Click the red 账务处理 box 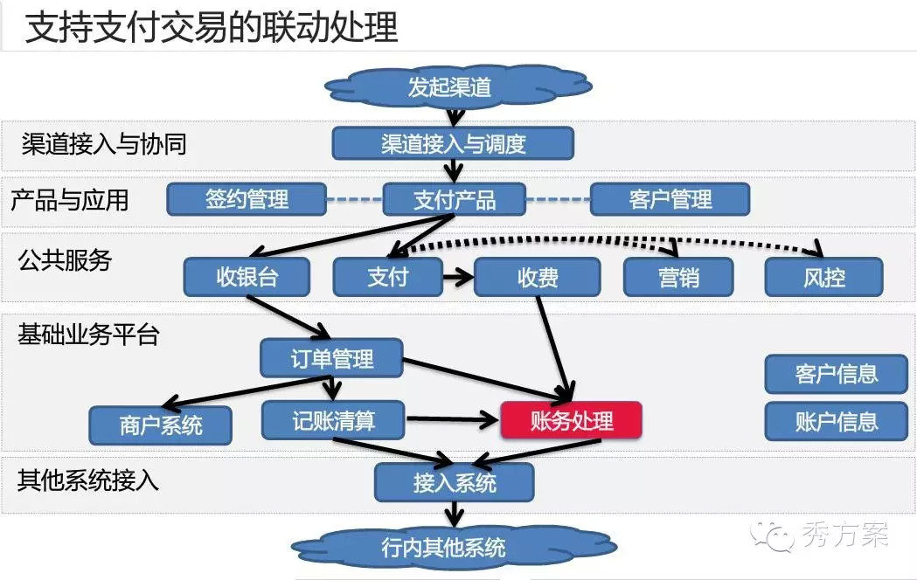[x=571, y=420]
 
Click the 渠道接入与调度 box [x=453, y=143]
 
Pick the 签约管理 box [x=247, y=199]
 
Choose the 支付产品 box [x=454, y=199]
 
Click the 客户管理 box [x=670, y=199]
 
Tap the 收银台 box [x=247, y=278]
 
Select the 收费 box [x=538, y=278]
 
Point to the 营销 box [x=678, y=278]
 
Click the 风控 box [x=823, y=278]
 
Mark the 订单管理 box [x=331, y=357]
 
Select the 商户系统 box [x=161, y=425]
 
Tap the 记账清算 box [x=333, y=420]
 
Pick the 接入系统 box [x=454, y=482]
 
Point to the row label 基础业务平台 [x=88, y=334]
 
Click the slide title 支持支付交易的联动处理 [x=211, y=28]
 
